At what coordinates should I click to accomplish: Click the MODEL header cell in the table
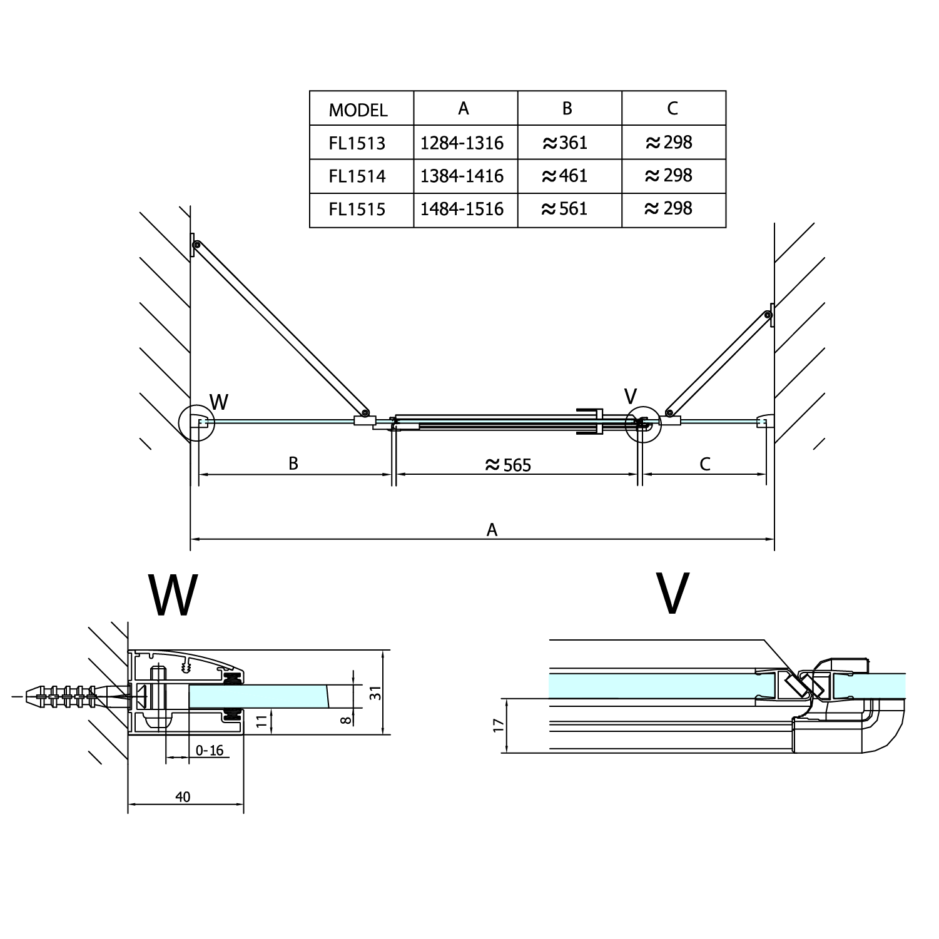tap(358, 111)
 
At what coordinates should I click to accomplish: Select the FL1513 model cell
tap(357, 143)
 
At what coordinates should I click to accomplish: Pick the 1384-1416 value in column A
tap(462, 176)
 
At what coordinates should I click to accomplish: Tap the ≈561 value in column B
tap(565, 208)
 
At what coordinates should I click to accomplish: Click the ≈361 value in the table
tap(565, 143)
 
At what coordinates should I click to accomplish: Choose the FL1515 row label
tap(357, 209)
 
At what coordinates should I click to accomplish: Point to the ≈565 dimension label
tap(508, 465)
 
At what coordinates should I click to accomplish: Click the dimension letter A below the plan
tap(492, 530)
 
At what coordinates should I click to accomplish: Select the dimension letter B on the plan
tap(293, 464)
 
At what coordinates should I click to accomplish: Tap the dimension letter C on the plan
tap(705, 464)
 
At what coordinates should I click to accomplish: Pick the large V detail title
tap(673, 593)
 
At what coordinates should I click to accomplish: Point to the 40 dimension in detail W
tap(183, 797)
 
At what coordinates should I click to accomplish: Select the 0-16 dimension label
tap(210, 750)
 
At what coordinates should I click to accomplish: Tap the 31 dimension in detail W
tap(375, 693)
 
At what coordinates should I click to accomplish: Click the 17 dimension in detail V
tap(498, 726)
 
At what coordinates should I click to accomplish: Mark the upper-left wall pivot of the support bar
tap(196, 246)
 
